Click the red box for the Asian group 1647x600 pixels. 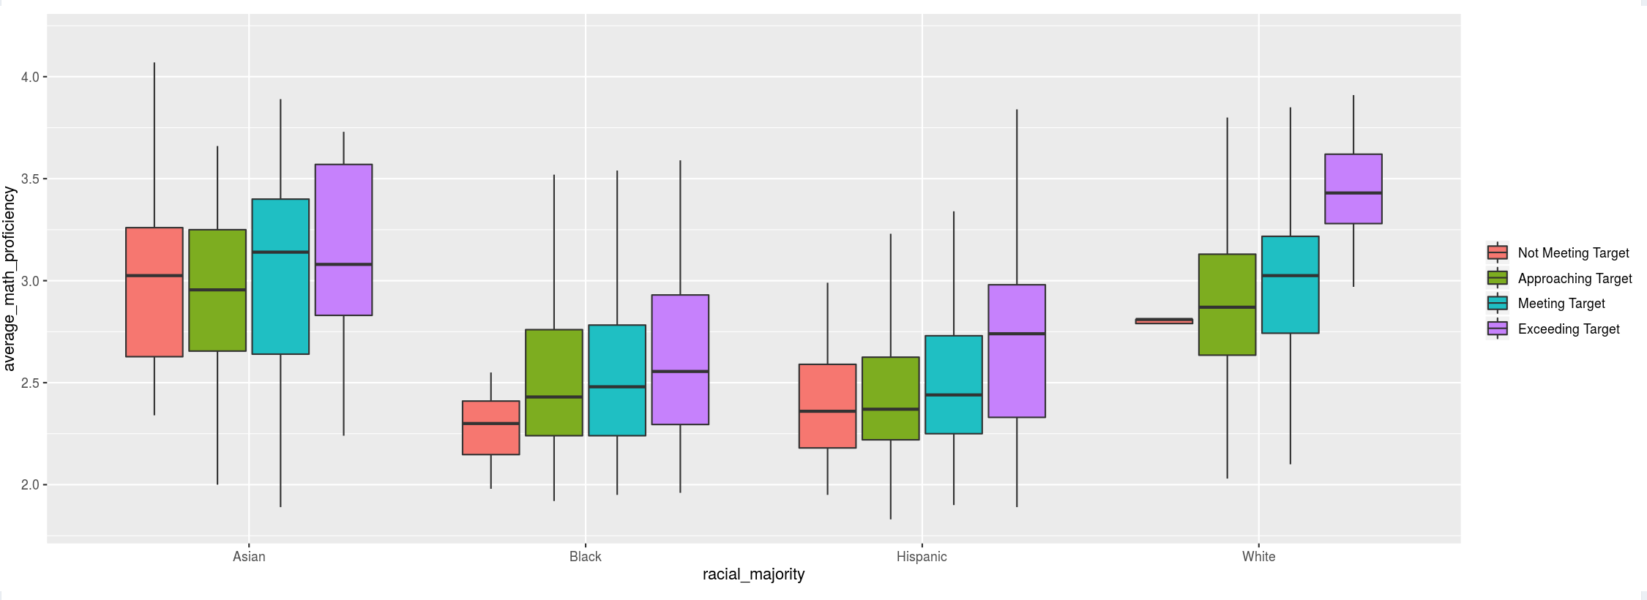coord(154,292)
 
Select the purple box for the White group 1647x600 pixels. coord(1353,189)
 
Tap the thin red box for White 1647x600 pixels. coord(1164,320)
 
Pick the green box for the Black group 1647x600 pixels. coord(554,382)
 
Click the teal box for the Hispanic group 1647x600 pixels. coord(954,384)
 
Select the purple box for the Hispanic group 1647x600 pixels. coord(1017,350)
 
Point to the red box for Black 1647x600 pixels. coord(491,427)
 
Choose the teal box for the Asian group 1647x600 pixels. coord(280,277)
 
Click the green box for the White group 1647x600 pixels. coord(1227,304)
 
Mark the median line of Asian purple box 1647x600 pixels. coord(343,264)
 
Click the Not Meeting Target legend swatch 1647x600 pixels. coord(1497,253)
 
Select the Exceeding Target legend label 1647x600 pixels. coord(1569,329)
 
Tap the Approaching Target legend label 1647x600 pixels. coord(1575,279)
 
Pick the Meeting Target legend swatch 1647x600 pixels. coord(1497,304)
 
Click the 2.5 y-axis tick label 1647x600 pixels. coord(30,383)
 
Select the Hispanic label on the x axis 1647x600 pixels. coord(922,557)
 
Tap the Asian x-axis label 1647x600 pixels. coord(249,557)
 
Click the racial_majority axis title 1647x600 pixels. coord(753,574)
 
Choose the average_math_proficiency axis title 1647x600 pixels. coord(10,279)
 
